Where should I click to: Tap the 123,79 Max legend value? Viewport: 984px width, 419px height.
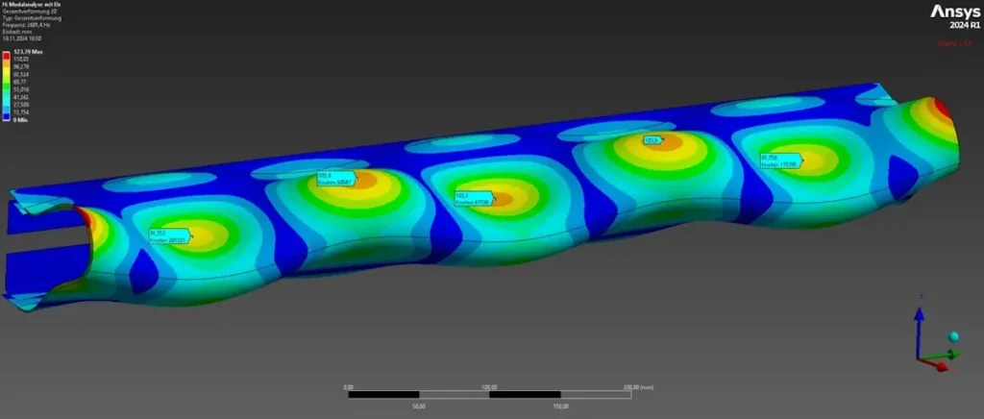(28, 52)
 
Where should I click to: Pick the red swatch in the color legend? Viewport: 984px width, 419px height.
(6, 58)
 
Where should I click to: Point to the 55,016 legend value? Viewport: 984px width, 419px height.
(23, 86)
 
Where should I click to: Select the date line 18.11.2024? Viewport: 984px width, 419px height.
(28, 37)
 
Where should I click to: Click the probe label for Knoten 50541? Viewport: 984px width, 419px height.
(335, 179)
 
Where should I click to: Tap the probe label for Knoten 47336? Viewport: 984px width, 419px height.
(473, 198)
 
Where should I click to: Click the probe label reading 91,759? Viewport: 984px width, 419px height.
(780, 160)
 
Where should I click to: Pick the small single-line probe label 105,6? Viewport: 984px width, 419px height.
(653, 140)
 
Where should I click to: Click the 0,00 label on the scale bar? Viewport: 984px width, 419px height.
(348, 386)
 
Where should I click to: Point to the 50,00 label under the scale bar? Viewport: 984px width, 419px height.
(419, 407)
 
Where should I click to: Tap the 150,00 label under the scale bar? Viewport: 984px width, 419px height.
(561, 407)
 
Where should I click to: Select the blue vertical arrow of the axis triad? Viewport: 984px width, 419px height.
(919, 327)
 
